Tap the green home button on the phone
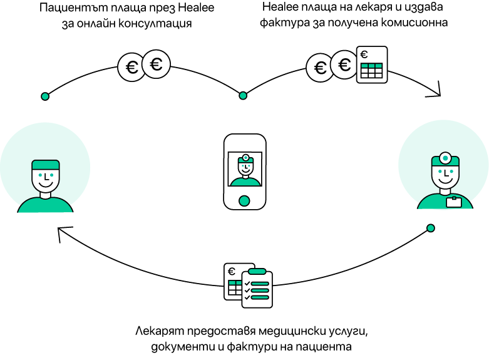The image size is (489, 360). pyautogui.click(x=244, y=201)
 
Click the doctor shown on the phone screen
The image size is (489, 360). pyautogui.click(x=245, y=170)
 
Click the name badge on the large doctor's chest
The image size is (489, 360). pyautogui.click(x=454, y=202)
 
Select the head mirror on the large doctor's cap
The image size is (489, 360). pyautogui.click(x=445, y=158)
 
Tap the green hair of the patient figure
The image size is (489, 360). pyautogui.click(x=46, y=165)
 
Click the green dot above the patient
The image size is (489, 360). pyautogui.click(x=45, y=96)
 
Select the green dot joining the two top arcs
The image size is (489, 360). pyautogui.click(x=243, y=95)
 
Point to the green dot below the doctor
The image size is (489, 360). pyautogui.click(x=431, y=228)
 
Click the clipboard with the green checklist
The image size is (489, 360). pyautogui.click(x=257, y=288)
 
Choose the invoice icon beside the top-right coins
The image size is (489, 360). pyautogui.click(x=372, y=64)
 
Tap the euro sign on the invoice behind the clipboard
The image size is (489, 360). pyautogui.click(x=231, y=271)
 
